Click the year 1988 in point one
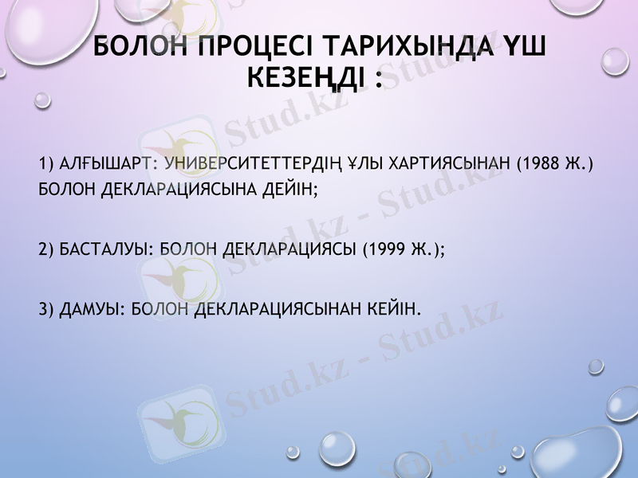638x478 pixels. (x=543, y=164)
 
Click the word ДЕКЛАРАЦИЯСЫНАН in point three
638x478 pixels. (x=275, y=308)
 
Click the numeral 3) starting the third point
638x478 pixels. (x=45, y=308)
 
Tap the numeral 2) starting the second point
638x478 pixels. (x=45, y=249)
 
